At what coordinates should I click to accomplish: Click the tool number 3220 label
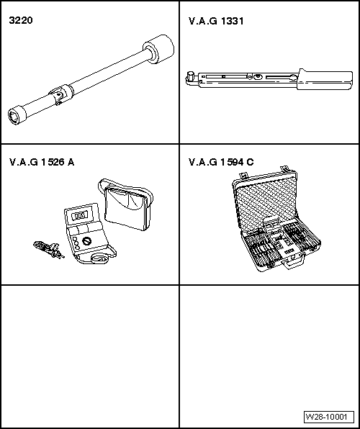pos(20,22)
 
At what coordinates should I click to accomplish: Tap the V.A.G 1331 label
pos(215,22)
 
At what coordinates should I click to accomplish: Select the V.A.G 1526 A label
pos(41,162)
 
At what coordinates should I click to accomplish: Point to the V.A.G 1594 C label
pos(220,162)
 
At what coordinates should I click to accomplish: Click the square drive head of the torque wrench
pos(191,76)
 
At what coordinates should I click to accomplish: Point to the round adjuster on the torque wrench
pos(258,76)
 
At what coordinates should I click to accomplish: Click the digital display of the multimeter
pos(81,214)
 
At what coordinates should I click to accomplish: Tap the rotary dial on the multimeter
pos(88,243)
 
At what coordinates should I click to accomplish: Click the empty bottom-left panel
pos(90,356)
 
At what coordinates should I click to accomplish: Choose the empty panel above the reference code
pos(270,346)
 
